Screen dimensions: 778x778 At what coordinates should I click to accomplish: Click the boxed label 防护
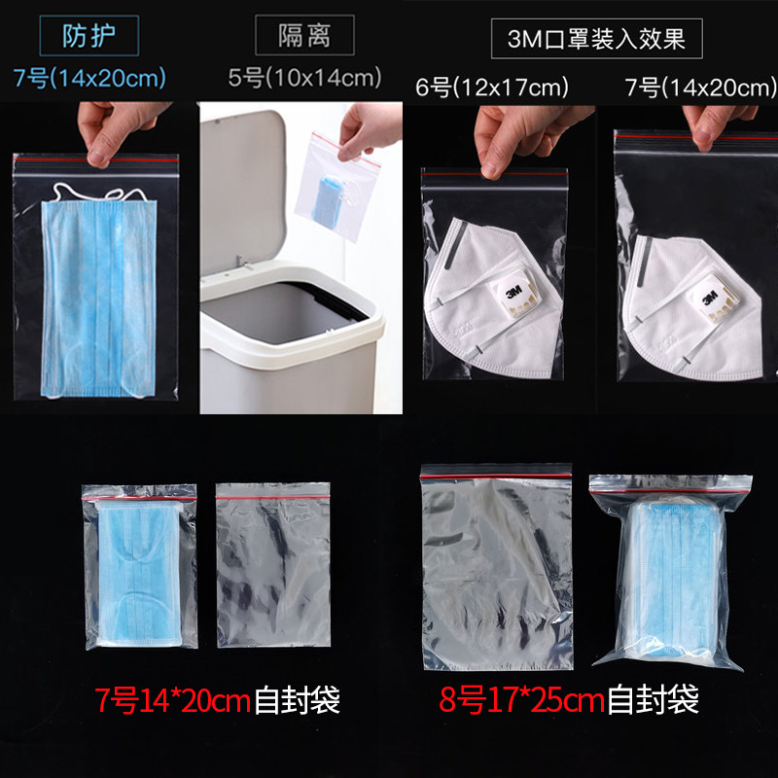pos(89,36)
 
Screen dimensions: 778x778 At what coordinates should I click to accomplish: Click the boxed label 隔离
pos(304,35)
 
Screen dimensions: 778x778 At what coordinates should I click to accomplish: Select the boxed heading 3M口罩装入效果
pos(596,39)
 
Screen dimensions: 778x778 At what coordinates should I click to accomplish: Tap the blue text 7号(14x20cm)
pos(89,79)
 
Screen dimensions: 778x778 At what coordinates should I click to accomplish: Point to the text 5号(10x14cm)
pos(304,78)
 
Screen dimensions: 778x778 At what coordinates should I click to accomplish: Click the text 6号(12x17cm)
pos(492,88)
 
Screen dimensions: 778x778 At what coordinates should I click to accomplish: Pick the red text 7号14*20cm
pos(172,700)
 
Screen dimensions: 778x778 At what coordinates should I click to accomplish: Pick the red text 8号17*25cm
pos(521,699)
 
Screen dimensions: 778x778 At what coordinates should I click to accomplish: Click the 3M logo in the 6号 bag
pos(513,292)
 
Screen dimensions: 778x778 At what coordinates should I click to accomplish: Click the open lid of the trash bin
pos(242,189)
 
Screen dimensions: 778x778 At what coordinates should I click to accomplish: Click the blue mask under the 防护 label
pos(99,299)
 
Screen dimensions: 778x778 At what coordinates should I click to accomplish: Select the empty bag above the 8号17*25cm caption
pos(497,567)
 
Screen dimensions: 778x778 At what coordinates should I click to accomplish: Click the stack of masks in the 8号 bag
pos(670,582)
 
